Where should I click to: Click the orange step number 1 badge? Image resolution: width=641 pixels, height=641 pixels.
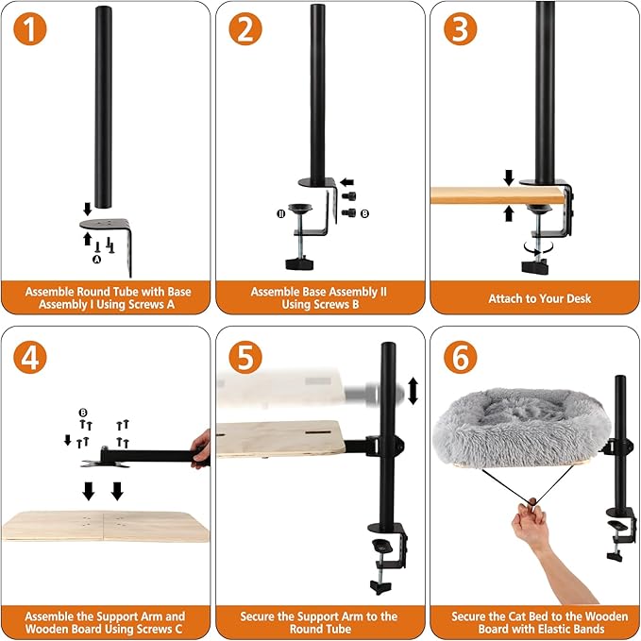[30, 28]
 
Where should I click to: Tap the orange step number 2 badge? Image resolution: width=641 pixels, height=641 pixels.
[245, 28]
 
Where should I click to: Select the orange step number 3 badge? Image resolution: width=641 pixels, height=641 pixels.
[461, 28]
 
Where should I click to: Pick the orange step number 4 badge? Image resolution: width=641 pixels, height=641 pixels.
[30, 357]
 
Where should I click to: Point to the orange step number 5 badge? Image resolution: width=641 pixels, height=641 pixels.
[245, 357]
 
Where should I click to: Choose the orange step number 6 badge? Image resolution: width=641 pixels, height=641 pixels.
[461, 357]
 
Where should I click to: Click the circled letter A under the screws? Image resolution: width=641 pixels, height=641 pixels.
[97, 260]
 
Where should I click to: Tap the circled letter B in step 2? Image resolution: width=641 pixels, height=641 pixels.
[364, 213]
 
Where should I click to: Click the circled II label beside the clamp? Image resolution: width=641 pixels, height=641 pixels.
[280, 213]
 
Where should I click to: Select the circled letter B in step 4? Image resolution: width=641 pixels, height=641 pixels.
[83, 413]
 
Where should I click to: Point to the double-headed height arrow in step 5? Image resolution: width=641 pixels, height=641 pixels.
[413, 391]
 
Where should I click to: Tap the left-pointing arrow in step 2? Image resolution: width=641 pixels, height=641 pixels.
[346, 182]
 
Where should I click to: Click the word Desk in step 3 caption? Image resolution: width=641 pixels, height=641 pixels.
[578, 298]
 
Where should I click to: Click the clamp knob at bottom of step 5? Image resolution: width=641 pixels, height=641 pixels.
[380, 587]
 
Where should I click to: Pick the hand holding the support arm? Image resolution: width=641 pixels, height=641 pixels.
[201, 448]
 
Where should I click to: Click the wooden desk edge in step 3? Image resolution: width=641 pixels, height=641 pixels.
[498, 195]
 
